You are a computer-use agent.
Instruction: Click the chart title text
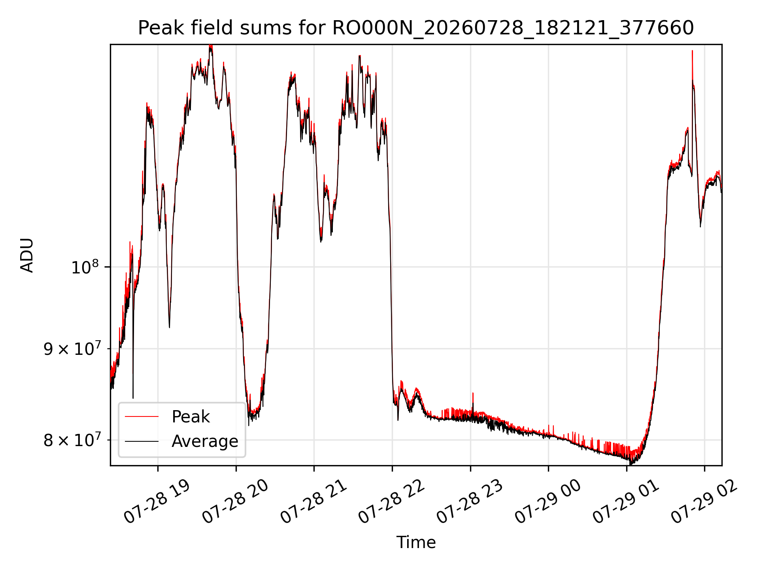[x=416, y=28]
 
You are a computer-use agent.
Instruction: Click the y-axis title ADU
[x=27, y=255]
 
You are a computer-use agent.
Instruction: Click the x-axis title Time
[x=416, y=543]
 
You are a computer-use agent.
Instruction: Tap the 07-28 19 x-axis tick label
[x=157, y=501]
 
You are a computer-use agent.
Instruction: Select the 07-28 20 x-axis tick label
[x=235, y=501]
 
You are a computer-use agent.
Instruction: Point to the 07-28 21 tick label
[x=313, y=501]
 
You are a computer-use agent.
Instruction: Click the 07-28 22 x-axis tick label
[x=391, y=501]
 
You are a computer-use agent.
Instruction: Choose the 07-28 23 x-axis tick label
[x=470, y=501]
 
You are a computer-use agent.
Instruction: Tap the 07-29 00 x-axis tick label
[x=548, y=501]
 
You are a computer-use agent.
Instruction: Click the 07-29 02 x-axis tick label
[x=704, y=501]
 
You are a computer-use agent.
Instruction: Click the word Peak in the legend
[x=191, y=417]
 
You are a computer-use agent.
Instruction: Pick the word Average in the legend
[x=205, y=441]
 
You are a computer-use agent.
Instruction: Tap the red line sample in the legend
[x=142, y=416]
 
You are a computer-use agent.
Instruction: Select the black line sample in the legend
[x=142, y=441]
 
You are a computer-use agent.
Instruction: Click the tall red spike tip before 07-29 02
[x=692, y=51]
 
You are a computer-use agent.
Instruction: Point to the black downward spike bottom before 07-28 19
[x=133, y=398]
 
